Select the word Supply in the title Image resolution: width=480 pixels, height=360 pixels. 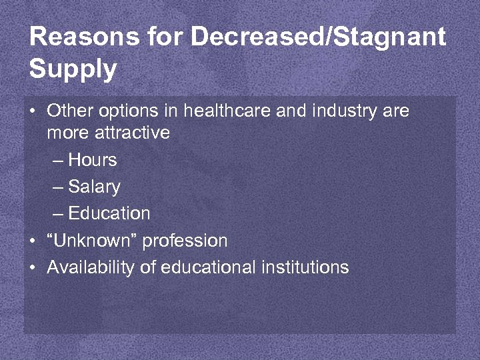[x=73, y=69]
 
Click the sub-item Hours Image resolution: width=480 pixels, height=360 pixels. [x=93, y=160]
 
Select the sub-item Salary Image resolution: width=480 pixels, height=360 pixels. [x=94, y=187]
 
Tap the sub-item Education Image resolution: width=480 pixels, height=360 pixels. [x=109, y=213]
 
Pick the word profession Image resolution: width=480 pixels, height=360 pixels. [x=185, y=240]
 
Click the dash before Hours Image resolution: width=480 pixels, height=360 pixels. [x=57, y=161]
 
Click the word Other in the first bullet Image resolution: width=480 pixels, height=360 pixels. [x=65, y=111]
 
